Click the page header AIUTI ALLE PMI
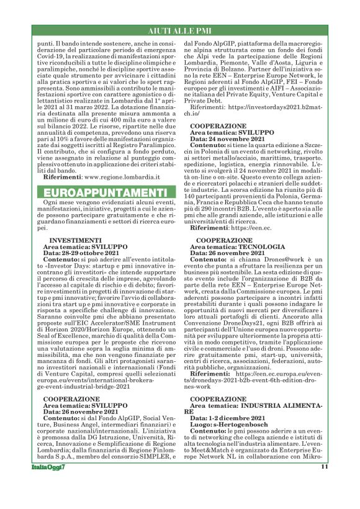(179, 30)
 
